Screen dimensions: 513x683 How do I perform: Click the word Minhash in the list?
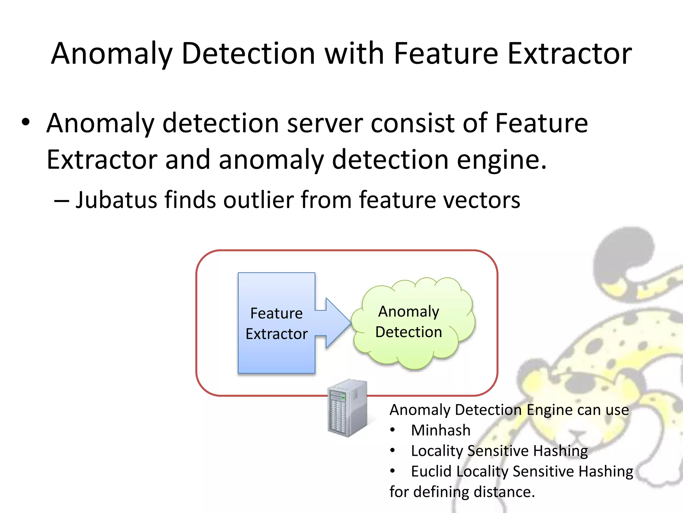pos(441,430)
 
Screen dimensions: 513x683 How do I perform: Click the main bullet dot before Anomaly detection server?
pos(26,122)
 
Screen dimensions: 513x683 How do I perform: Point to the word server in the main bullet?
pos(324,123)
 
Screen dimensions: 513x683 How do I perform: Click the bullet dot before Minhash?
pos(393,430)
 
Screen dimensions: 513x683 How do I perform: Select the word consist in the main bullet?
pos(413,123)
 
